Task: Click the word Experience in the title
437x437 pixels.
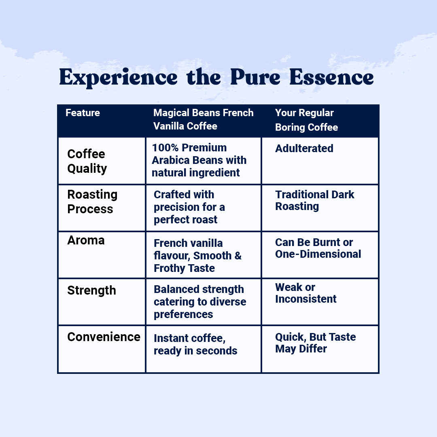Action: [118, 77]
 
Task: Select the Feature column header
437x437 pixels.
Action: [83, 112]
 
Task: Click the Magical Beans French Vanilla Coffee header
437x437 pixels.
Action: [203, 119]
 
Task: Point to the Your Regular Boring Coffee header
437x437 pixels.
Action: [306, 120]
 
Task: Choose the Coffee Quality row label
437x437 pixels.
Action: [87, 161]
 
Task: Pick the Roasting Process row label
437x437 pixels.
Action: [92, 202]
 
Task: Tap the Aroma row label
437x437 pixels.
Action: [86, 240]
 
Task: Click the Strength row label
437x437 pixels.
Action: [92, 291]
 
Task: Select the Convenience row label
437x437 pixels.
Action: [104, 337]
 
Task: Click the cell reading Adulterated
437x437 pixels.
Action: [304, 148]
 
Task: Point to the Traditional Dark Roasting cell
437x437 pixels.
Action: [315, 201]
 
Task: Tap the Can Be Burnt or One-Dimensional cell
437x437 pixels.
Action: [318, 248]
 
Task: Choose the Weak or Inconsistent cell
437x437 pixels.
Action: [306, 293]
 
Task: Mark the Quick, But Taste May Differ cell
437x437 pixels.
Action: [316, 343]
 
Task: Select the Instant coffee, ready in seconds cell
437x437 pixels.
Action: [195, 344]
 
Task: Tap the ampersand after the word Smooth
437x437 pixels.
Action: [238, 256]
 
